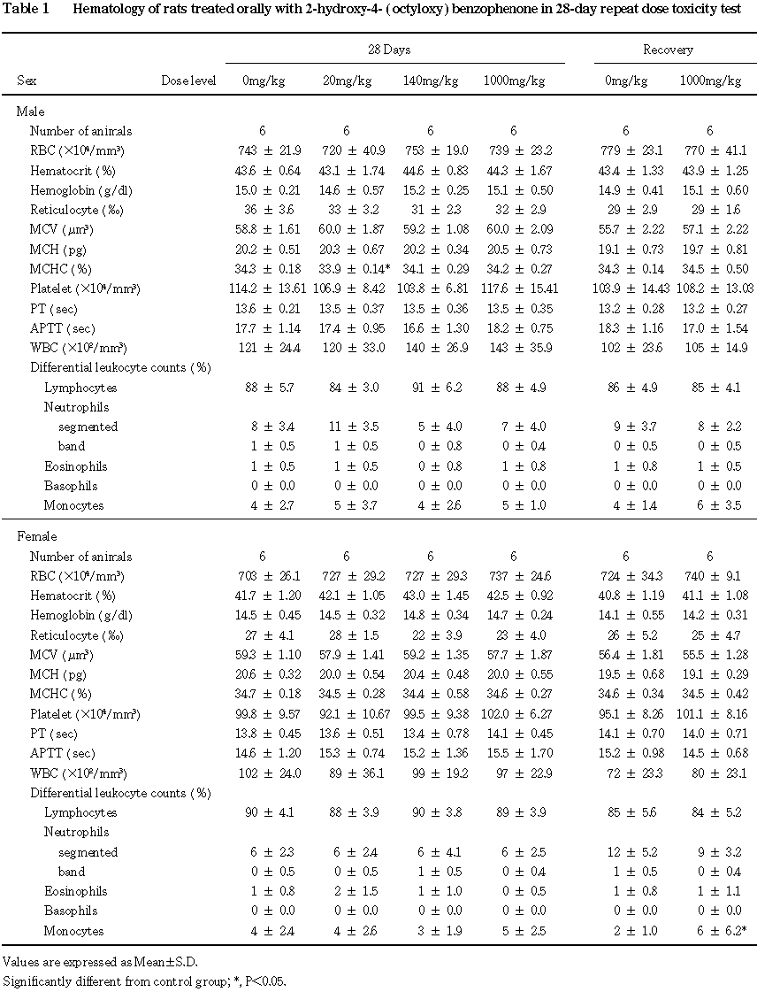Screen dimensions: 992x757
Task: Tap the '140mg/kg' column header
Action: point(430,81)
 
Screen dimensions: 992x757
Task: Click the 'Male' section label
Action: point(30,112)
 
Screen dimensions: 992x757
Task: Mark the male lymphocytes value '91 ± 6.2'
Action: point(430,388)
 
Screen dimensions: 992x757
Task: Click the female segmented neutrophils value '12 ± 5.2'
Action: point(625,852)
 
